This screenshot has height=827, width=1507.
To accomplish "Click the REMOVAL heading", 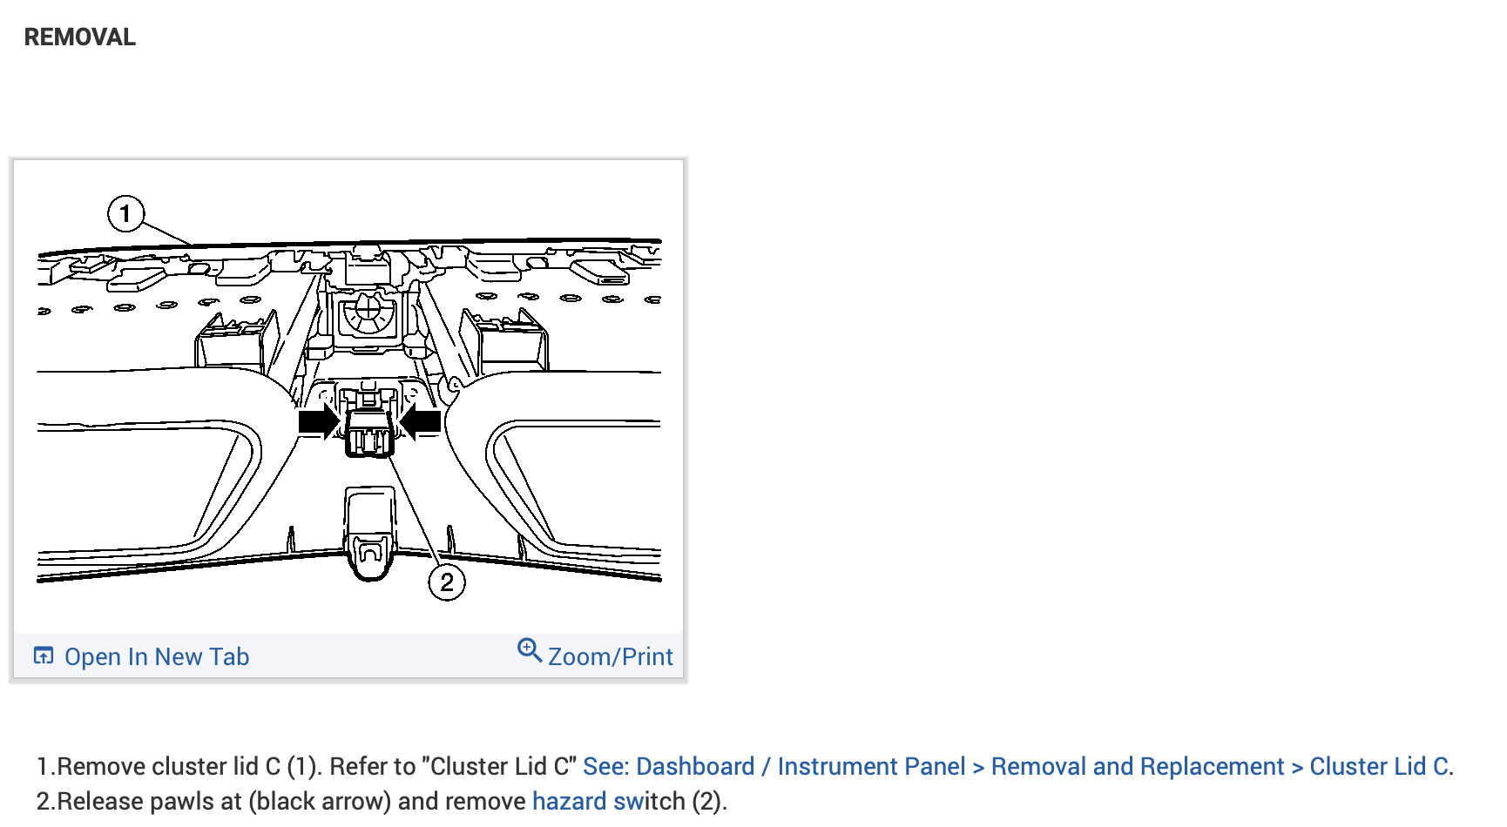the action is (80, 37).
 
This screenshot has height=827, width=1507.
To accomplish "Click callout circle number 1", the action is (125, 213).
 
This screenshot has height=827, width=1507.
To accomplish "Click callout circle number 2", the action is (447, 582).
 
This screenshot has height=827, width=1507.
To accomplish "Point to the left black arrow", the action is (319, 422).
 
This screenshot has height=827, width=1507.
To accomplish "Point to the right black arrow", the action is (420, 422).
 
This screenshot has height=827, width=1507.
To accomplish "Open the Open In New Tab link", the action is (157, 656).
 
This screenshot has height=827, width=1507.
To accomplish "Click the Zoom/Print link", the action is (611, 656).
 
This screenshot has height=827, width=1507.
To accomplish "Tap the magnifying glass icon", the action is (530, 650).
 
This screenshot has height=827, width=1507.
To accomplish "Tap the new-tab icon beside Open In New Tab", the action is (44, 656).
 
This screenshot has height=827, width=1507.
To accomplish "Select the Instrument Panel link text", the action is (871, 766).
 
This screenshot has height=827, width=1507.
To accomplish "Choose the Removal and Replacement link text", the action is (1138, 766).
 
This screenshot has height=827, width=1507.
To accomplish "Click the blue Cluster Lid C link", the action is (1379, 766).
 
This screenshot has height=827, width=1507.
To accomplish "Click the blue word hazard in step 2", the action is (569, 801).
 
